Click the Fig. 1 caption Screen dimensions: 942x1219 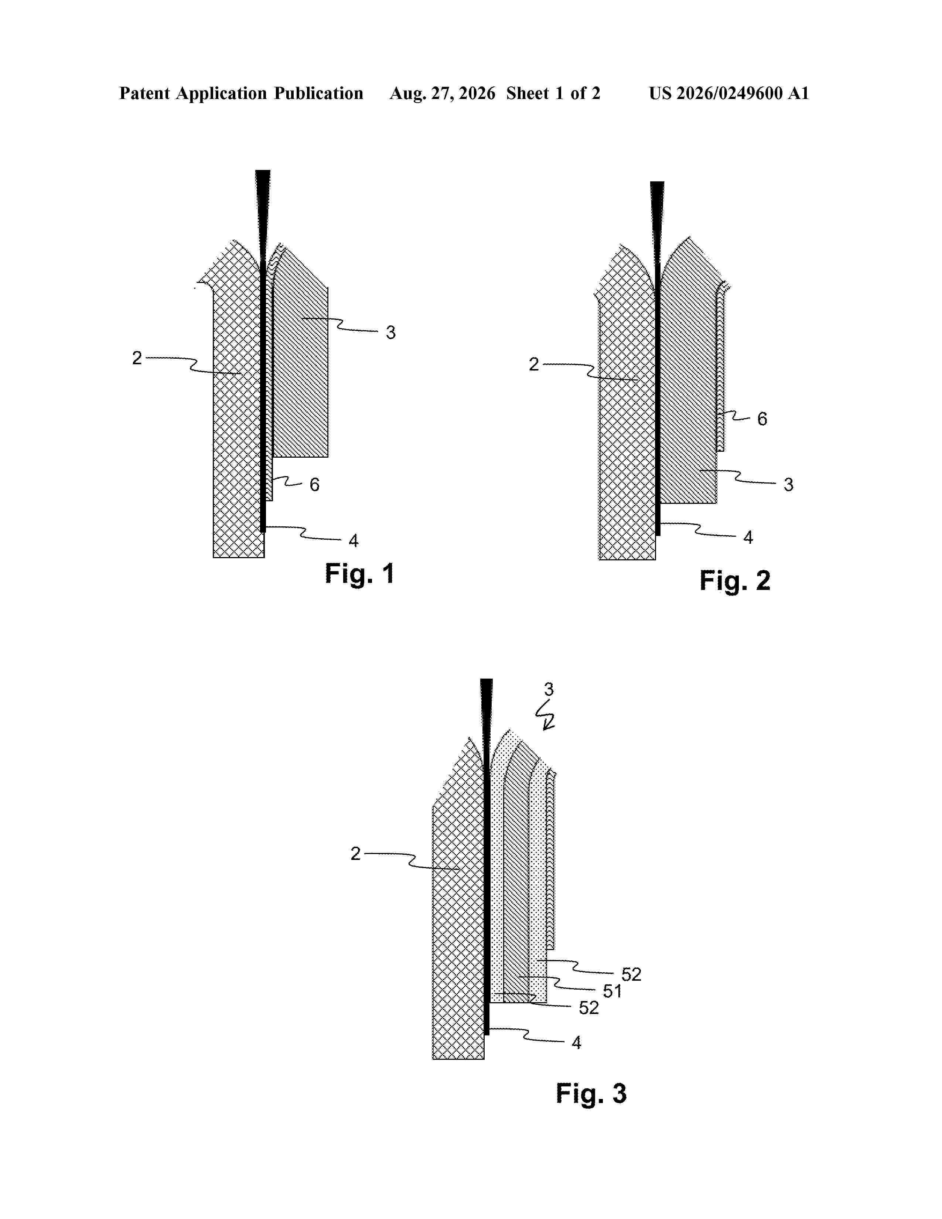pyautogui.click(x=359, y=574)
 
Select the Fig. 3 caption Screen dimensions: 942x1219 pyautogui.click(x=591, y=1093)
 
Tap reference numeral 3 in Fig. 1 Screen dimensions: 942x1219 pyautogui.click(x=390, y=333)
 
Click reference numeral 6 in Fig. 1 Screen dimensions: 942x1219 pyautogui.click(x=315, y=485)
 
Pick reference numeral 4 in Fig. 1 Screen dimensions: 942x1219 pyautogui.click(x=353, y=540)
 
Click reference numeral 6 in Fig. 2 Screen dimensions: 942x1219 pyautogui.click(x=762, y=419)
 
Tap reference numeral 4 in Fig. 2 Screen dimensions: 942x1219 pyautogui.click(x=748, y=537)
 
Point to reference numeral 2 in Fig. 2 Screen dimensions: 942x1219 pyautogui.click(x=534, y=365)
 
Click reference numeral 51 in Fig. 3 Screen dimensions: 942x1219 pyautogui.click(x=612, y=991)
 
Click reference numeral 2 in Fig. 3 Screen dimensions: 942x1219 pyautogui.click(x=355, y=853)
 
